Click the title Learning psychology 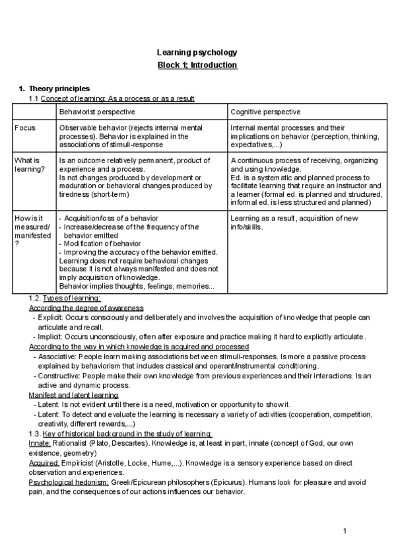(197, 52)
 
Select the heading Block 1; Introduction (197, 65)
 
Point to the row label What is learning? (27, 164)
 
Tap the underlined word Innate (41, 444)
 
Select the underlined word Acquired (46, 464)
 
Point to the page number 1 (345, 532)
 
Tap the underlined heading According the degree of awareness (86, 308)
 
